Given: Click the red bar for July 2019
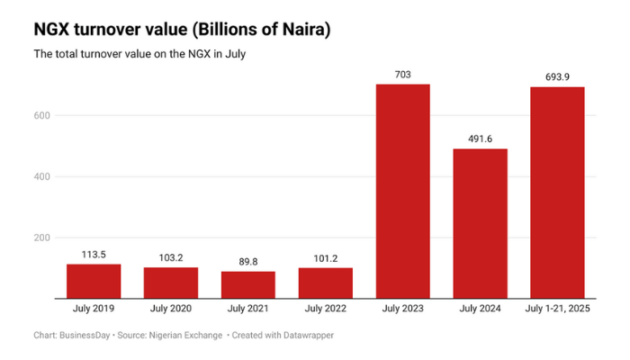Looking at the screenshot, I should [94, 281].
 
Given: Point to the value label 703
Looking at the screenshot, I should [402, 75].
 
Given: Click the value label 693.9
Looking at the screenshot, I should [557, 77].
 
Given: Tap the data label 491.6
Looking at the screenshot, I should [480, 139].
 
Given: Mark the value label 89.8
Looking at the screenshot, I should [248, 262].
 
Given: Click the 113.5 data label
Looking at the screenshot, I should [94, 255].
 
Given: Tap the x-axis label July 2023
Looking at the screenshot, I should [402, 310].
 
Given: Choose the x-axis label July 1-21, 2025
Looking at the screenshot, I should [557, 310].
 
